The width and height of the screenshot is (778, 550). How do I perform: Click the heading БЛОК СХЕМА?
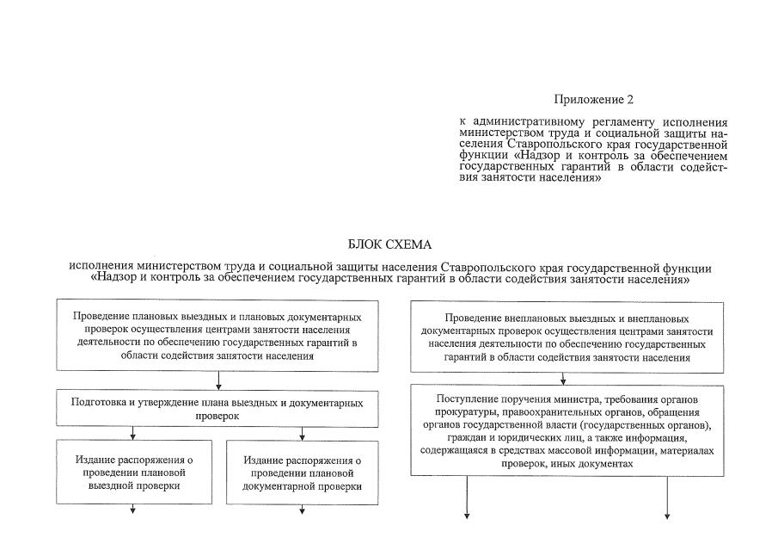[389, 245]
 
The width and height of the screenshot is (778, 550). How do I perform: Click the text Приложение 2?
[594, 101]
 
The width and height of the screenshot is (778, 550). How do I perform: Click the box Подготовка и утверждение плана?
[217, 408]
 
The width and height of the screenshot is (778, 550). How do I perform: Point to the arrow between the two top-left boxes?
[219, 380]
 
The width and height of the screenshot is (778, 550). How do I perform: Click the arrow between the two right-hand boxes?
[563, 378]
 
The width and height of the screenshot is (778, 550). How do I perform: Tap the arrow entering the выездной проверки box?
[134, 434]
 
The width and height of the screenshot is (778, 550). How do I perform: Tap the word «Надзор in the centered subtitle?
[111, 280]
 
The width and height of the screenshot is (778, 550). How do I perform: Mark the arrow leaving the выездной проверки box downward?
[134, 509]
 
